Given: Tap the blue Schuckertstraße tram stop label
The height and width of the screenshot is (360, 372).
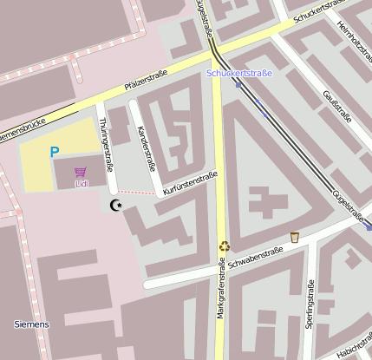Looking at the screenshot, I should (239, 73).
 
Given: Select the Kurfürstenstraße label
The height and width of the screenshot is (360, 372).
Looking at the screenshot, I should (190, 182).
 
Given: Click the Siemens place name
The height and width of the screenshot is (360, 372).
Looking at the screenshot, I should (32, 324).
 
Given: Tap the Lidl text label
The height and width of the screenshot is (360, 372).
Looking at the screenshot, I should (82, 183).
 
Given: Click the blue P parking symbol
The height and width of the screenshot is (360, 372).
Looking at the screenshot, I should (54, 153).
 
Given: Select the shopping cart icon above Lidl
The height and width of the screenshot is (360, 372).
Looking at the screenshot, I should (82, 172).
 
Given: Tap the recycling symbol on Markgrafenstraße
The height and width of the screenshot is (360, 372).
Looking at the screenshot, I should (225, 246).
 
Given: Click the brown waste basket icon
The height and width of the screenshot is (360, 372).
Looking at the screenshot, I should (295, 237).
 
